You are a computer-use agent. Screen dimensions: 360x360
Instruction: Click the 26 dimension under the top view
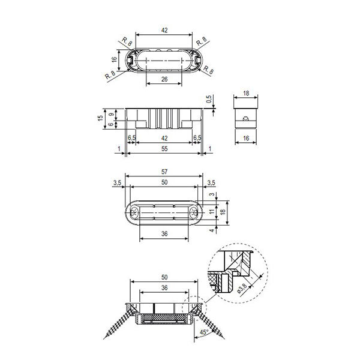point(164,79)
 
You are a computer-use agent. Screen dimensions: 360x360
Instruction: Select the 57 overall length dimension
point(164,172)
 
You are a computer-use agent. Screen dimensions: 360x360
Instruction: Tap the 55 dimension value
point(164,149)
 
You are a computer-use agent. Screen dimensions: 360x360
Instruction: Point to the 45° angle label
point(204,332)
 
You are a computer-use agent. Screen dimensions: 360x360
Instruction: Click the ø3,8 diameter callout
point(242,289)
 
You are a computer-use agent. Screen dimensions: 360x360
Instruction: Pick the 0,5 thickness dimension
point(209,99)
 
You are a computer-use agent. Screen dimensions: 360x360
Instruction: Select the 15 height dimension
point(100,118)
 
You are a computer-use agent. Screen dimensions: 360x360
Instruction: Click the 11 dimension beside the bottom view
point(212,211)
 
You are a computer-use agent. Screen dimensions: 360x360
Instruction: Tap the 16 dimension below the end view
point(246,138)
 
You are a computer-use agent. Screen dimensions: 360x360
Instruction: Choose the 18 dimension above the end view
point(246,93)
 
